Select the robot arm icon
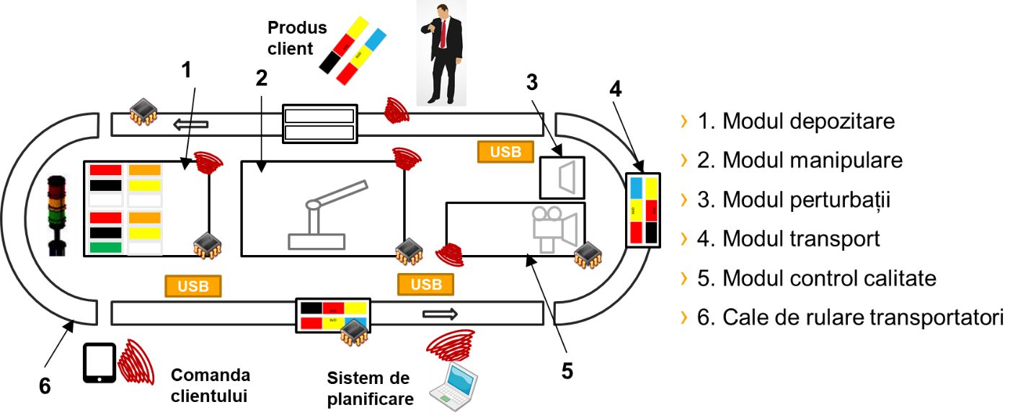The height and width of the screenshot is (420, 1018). coord(325,215)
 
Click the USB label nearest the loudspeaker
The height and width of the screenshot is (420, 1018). coord(505,152)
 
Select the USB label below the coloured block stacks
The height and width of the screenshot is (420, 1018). coord(193,286)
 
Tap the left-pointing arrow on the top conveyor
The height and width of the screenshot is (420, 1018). coord(191,125)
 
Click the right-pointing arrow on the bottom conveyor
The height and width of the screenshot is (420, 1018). coord(440,313)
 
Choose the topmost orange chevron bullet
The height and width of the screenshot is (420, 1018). coord(683,122)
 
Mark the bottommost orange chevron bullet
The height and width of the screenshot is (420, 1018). coord(683,317)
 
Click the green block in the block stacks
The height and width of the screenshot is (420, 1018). coord(105,247)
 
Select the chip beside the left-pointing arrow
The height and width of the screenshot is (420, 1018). coord(143,112)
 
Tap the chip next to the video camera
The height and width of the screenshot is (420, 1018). coord(588,255)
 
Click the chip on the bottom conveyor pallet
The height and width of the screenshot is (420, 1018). coord(354,331)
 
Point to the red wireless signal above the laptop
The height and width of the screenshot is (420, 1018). coord(451,345)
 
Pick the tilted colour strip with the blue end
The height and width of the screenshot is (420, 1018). coord(361,55)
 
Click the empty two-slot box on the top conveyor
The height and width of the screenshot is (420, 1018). coord(319,124)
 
